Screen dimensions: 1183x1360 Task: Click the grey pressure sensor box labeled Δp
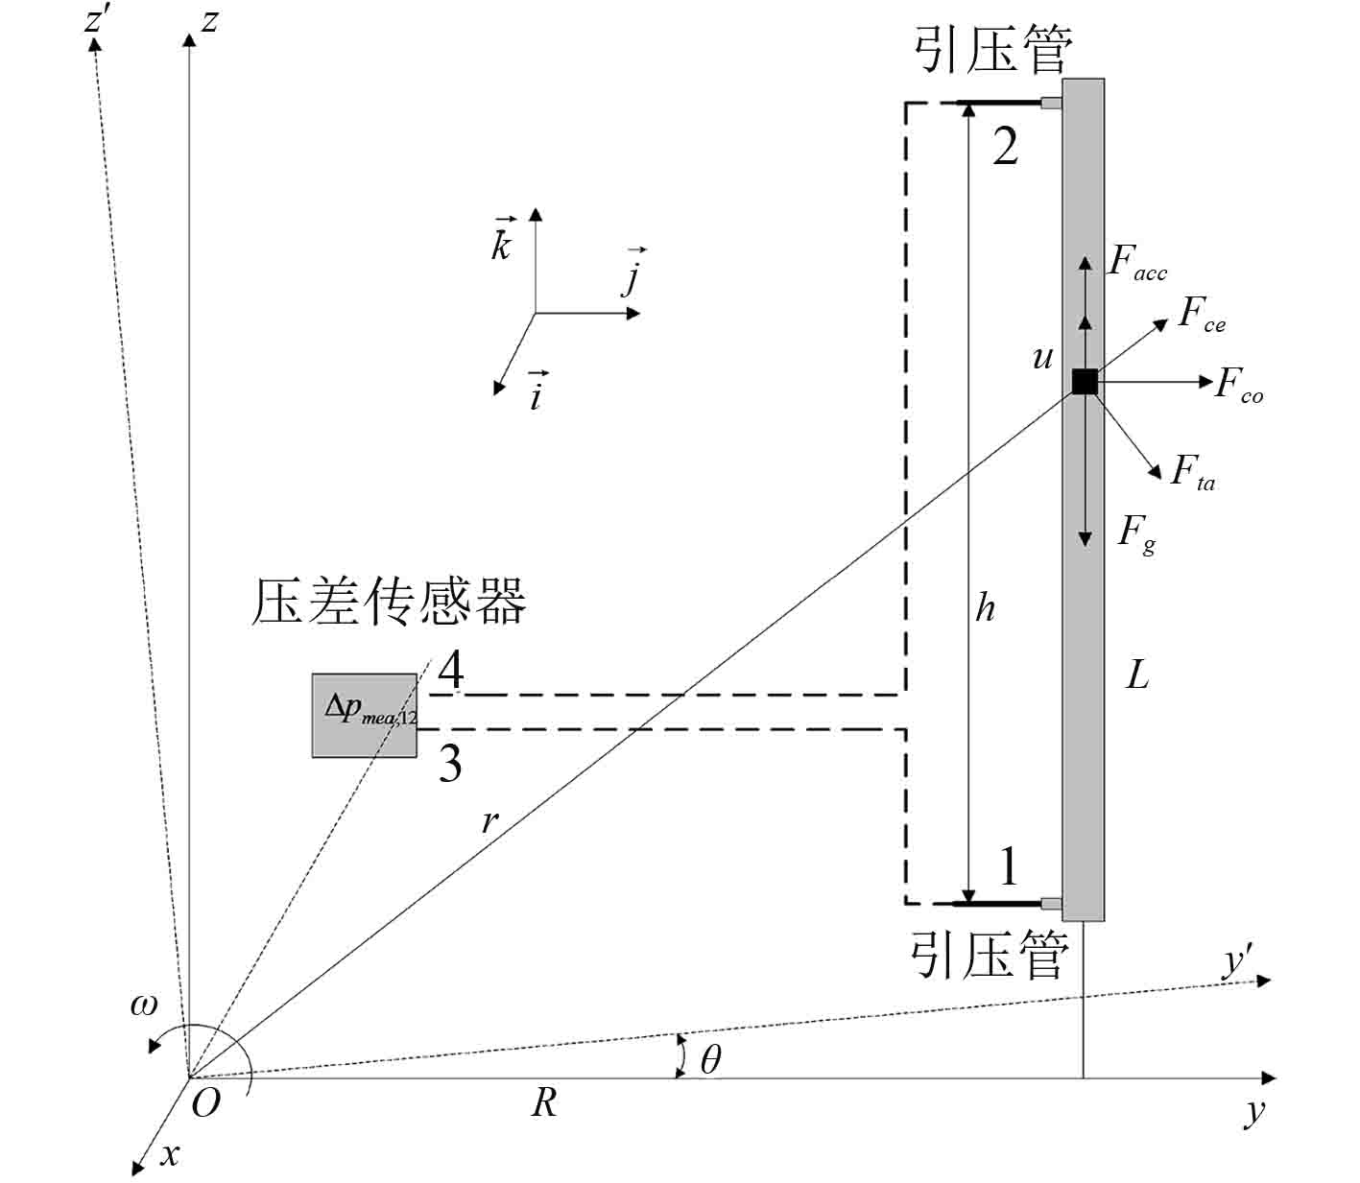364,715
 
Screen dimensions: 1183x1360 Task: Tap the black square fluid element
1084,382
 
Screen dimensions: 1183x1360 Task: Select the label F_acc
1136,262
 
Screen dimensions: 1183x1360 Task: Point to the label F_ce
1202,315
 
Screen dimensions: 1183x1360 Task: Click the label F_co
1239,386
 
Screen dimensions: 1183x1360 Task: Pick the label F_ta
1192,473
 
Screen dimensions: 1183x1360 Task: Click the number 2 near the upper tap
1005,148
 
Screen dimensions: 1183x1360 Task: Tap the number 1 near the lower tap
1008,865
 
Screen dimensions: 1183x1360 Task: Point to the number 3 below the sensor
449,764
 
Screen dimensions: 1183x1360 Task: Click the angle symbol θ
710,1060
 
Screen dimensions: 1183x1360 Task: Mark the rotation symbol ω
144,1006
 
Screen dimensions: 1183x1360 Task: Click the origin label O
205,1104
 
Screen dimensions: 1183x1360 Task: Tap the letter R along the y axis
543,1103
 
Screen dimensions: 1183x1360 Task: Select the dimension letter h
986,607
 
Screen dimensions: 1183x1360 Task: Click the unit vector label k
501,242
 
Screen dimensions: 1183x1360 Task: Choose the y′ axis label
1238,961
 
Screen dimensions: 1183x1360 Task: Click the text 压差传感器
388,602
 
